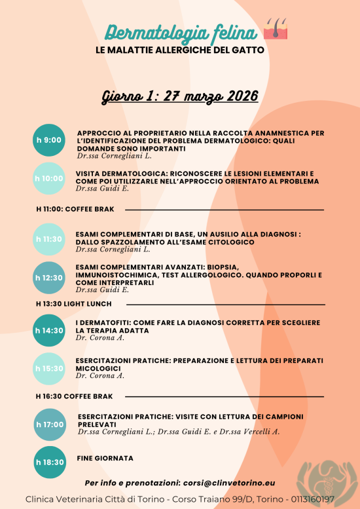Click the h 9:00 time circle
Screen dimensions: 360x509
click(x=49, y=140)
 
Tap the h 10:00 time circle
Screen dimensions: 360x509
click(x=49, y=178)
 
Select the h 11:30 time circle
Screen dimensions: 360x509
click(x=49, y=239)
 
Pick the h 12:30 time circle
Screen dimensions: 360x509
click(x=49, y=278)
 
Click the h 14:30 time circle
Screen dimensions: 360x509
click(x=49, y=330)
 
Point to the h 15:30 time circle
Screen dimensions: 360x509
click(x=49, y=368)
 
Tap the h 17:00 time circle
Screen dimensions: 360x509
click(x=49, y=424)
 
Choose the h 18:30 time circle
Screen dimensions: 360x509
click(x=49, y=462)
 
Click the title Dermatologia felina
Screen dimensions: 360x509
click(x=181, y=31)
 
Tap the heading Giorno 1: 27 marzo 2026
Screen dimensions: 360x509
click(x=180, y=96)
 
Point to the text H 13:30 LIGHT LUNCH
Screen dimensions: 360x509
click(x=74, y=304)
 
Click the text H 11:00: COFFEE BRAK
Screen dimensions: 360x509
click(x=75, y=210)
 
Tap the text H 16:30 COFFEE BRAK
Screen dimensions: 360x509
click(x=75, y=396)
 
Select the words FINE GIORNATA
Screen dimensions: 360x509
click(x=105, y=458)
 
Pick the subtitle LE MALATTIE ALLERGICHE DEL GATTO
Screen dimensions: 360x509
click(x=179, y=50)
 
